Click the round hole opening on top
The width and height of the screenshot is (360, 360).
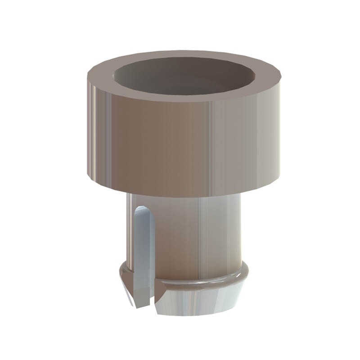pos(182,76)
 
